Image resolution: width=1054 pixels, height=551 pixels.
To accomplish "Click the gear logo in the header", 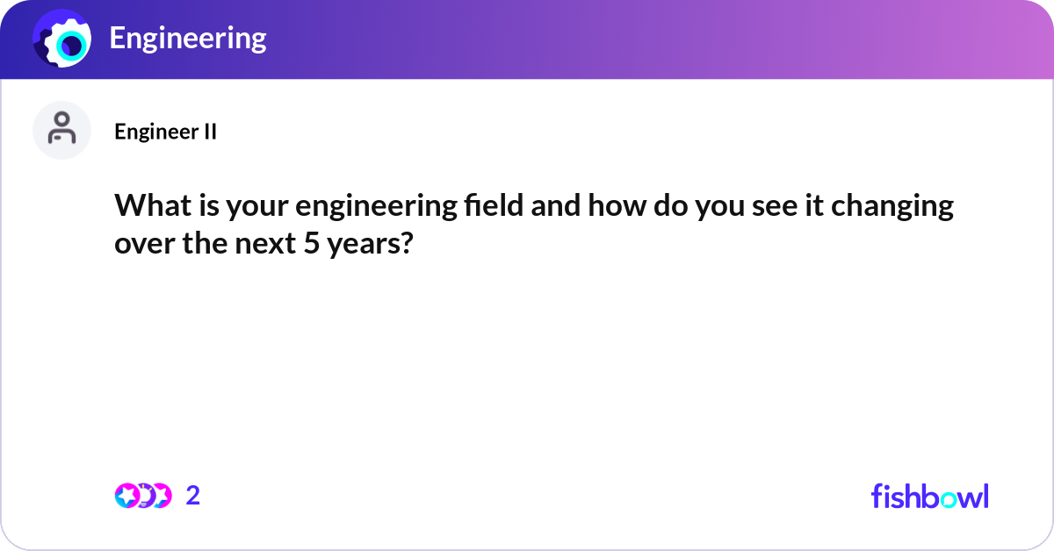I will coord(61,39).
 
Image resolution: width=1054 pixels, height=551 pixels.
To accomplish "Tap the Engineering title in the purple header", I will coord(187,39).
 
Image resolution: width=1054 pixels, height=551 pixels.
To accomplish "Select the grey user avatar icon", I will coord(61,130).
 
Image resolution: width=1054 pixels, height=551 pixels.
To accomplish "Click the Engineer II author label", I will coord(165,132).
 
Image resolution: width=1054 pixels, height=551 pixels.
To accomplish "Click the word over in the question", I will coord(140,243).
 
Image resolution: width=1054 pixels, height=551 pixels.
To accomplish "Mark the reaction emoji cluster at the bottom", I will coord(143,496).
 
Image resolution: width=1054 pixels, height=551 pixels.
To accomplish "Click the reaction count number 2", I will coord(193,496).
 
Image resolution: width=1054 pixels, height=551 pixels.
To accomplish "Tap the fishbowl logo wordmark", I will coord(929,496).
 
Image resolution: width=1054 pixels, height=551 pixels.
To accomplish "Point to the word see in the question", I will coord(764,208).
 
